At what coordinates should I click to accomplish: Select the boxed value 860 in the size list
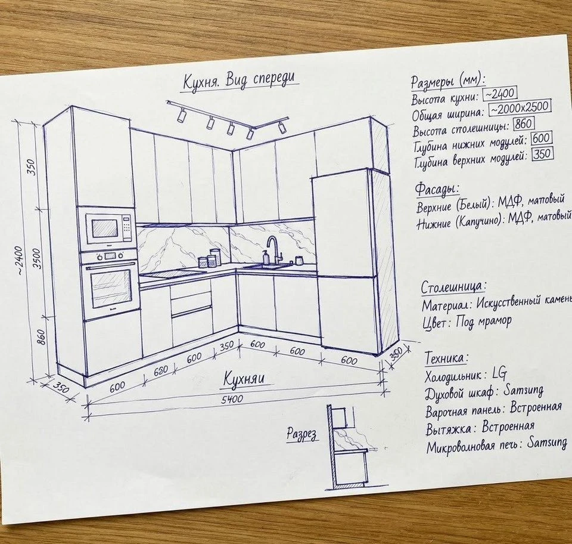tap(524, 123)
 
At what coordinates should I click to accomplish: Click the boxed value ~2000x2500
tap(520, 107)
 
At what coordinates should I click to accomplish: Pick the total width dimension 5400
tap(232, 399)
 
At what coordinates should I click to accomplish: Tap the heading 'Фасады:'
tap(437, 189)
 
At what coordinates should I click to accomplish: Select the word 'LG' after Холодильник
tap(499, 373)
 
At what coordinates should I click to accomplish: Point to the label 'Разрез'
tap(301, 434)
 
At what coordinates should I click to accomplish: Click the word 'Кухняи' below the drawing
tap(243, 378)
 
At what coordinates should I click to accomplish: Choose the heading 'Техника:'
tap(446, 357)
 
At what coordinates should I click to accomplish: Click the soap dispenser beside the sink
tap(266, 257)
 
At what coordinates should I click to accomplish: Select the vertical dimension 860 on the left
tap(41, 337)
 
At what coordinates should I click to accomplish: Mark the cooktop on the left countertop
tap(171, 273)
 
